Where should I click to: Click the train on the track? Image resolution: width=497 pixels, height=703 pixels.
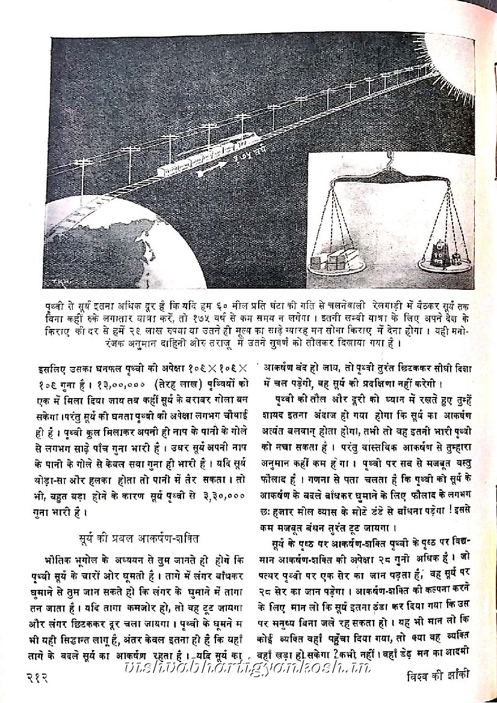(x=205, y=158)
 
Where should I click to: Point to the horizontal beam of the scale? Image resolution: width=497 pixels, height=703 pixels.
(x=391, y=179)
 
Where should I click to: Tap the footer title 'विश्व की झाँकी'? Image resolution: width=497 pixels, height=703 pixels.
(x=435, y=680)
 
